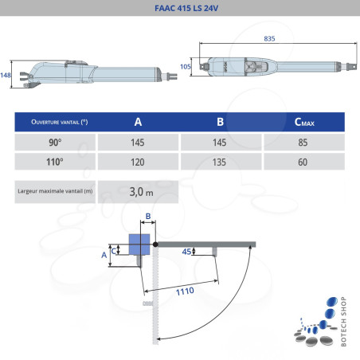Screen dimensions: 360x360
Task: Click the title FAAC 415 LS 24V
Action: pos(180,9)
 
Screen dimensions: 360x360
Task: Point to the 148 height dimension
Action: pos(6,74)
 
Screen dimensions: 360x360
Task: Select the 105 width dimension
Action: pos(185,67)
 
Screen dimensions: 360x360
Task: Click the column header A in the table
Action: pos(138,122)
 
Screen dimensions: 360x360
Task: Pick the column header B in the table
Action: pos(220,122)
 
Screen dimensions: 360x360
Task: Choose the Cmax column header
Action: pos(303,122)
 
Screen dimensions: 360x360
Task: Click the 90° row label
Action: pos(55,142)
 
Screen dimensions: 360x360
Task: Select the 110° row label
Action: pos(55,161)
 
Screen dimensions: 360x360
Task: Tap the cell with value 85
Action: pos(303,142)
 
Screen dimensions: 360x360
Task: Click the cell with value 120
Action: pos(138,161)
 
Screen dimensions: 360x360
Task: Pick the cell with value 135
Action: pos(220,161)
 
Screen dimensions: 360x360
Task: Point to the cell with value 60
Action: pos(303,161)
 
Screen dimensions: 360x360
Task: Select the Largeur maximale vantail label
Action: pos(55,191)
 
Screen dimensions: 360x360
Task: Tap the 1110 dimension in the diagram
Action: pos(185,292)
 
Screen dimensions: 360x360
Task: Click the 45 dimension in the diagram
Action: pos(187,252)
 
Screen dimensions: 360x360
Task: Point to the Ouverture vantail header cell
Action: pos(55,122)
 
